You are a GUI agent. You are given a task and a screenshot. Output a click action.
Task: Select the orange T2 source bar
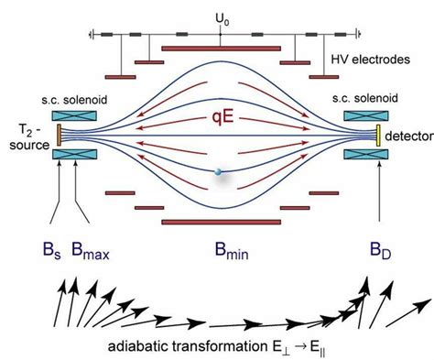point(60,136)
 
